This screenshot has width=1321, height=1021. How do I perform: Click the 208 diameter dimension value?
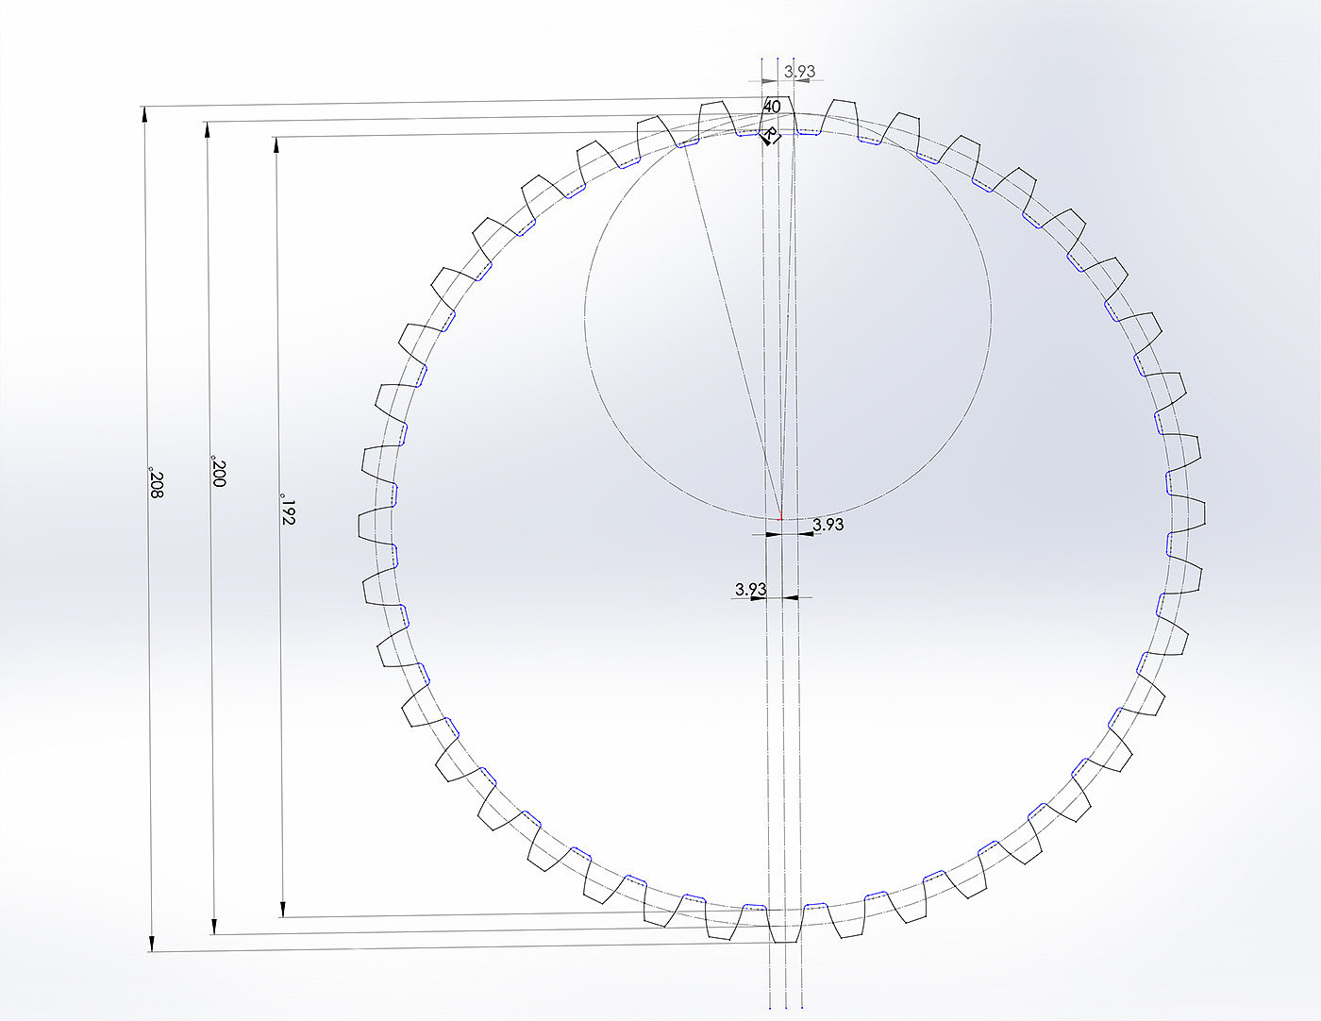click(x=157, y=482)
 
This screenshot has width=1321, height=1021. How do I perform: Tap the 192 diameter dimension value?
click(x=288, y=511)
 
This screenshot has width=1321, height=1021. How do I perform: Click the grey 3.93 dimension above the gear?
click(x=799, y=72)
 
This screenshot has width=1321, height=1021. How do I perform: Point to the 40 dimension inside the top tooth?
click(x=772, y=107)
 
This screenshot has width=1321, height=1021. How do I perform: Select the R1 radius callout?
click(x=770, y=136)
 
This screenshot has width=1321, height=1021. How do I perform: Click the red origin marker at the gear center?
click(x=780, y=516)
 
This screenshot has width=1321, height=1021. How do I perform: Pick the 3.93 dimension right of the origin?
click(x=828, y=525)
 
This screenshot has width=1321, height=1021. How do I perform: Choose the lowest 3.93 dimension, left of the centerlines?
click(x=751, y=589)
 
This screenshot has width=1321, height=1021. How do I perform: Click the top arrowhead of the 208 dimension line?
click(x=144, y=113)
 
